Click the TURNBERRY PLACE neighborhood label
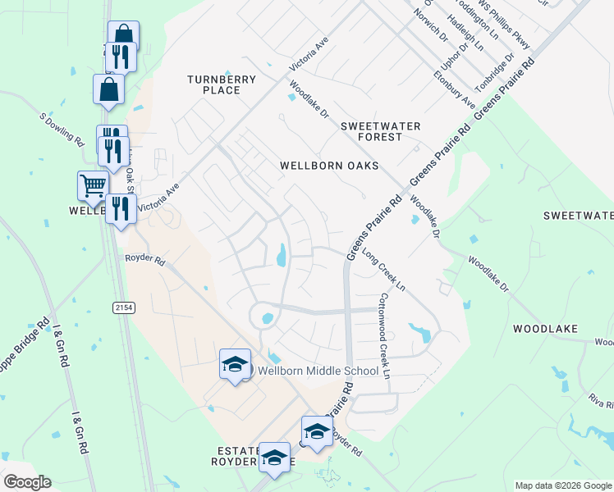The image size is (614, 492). [x=222, y=84]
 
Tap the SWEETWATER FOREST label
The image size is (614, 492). [x=381, y=131]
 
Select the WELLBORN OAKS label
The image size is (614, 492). [x=329, y=166]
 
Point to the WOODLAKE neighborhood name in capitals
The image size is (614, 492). [x=545, y=329]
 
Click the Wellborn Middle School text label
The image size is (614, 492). [x=318, y=371]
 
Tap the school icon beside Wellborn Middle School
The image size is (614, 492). [x=235, y=364]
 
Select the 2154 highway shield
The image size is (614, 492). [x=122, y=307]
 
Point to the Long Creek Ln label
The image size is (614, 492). [x=383, y=270]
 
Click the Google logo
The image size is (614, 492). [x=27, y=482]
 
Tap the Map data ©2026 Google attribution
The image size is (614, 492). [x=562, y=485]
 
